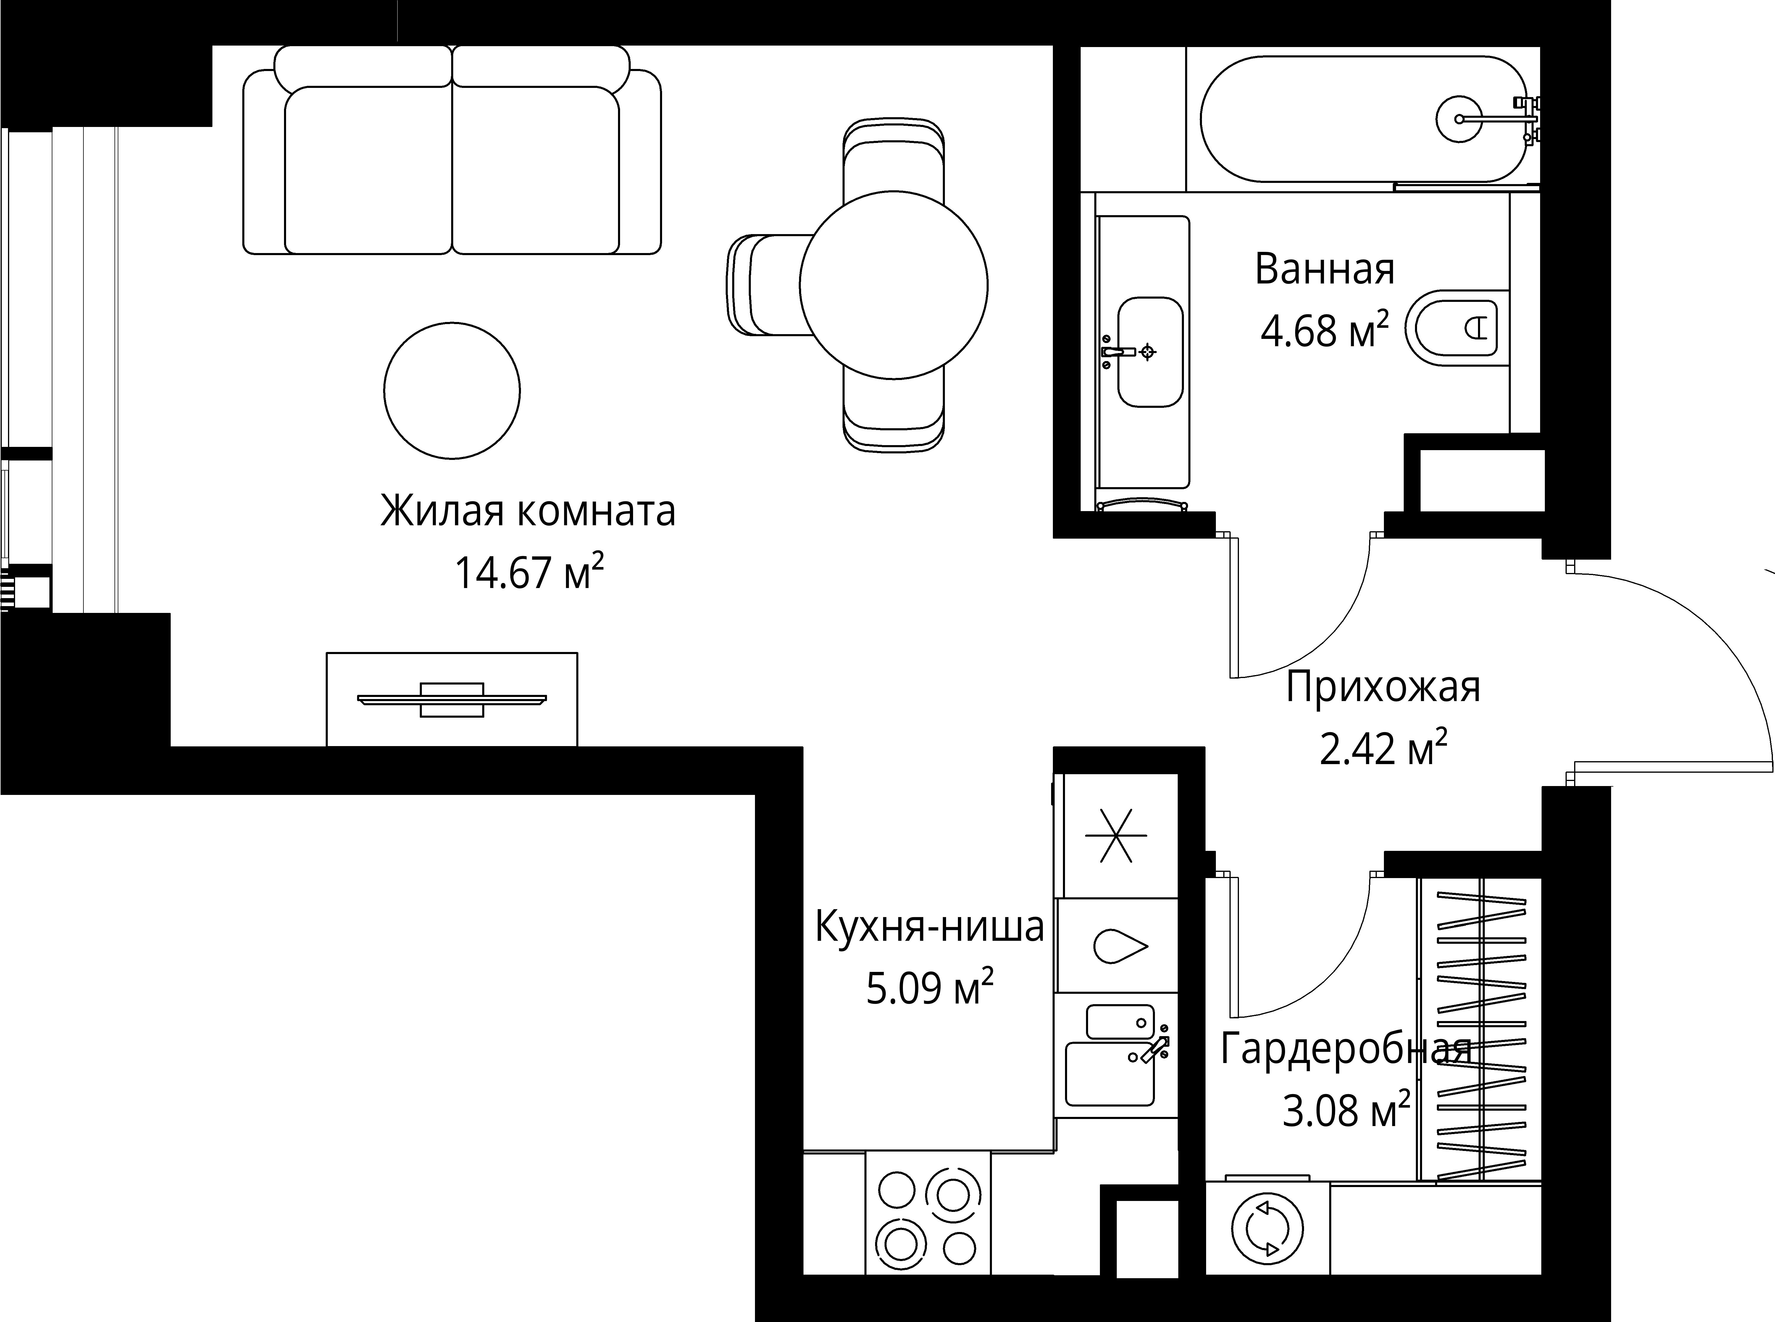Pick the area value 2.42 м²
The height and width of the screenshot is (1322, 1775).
tap(1382, 750)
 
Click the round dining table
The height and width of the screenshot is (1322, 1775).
tap(893, 285)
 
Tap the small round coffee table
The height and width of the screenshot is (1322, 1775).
tap(452, 391)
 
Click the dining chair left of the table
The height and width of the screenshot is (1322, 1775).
tap(768, 285)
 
